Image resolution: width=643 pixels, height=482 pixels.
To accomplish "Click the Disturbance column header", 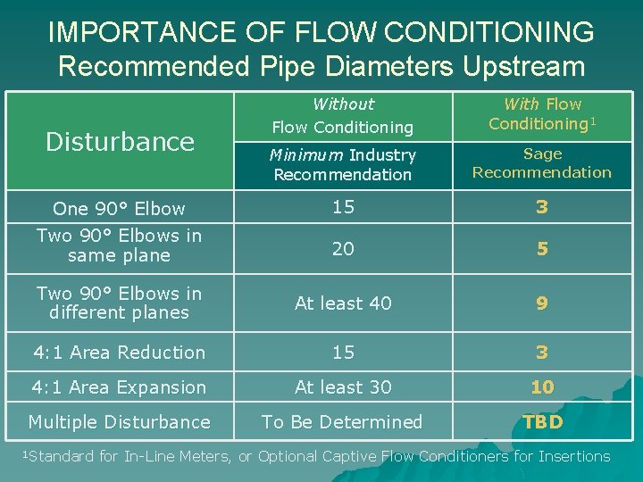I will [120, 141].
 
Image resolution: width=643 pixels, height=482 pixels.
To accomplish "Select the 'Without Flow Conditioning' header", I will [343, 116].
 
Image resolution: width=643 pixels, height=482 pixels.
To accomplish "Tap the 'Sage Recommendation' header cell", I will [541, 162].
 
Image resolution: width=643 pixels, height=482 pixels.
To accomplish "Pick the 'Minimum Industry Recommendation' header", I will [343, 165].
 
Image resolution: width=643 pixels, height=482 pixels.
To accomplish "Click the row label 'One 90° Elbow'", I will [119, 209].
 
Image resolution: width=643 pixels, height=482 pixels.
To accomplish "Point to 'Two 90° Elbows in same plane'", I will [119, 245].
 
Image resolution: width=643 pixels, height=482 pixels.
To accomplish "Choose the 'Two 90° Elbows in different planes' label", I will [119, 303].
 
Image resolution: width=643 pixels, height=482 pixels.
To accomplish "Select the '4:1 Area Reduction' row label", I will [119, 353].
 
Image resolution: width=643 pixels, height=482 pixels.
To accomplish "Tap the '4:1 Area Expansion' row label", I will [119, 387].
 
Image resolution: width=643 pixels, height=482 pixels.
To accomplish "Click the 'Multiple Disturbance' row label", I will [119, 422].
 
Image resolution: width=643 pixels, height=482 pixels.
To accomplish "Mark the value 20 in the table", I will [343, 249].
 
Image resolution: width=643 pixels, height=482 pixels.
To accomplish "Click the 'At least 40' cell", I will [343, 303].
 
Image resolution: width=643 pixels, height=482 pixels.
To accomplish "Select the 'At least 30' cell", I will [343, 387].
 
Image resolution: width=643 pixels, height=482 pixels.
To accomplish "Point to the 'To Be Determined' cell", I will [343, 422].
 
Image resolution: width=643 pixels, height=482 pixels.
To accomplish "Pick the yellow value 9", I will [542, 303].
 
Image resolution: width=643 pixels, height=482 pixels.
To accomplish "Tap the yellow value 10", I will [542, 387].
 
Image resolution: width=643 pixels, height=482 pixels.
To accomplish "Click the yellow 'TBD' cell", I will [542, 422].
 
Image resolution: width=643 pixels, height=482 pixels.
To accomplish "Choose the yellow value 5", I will [542, 249].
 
